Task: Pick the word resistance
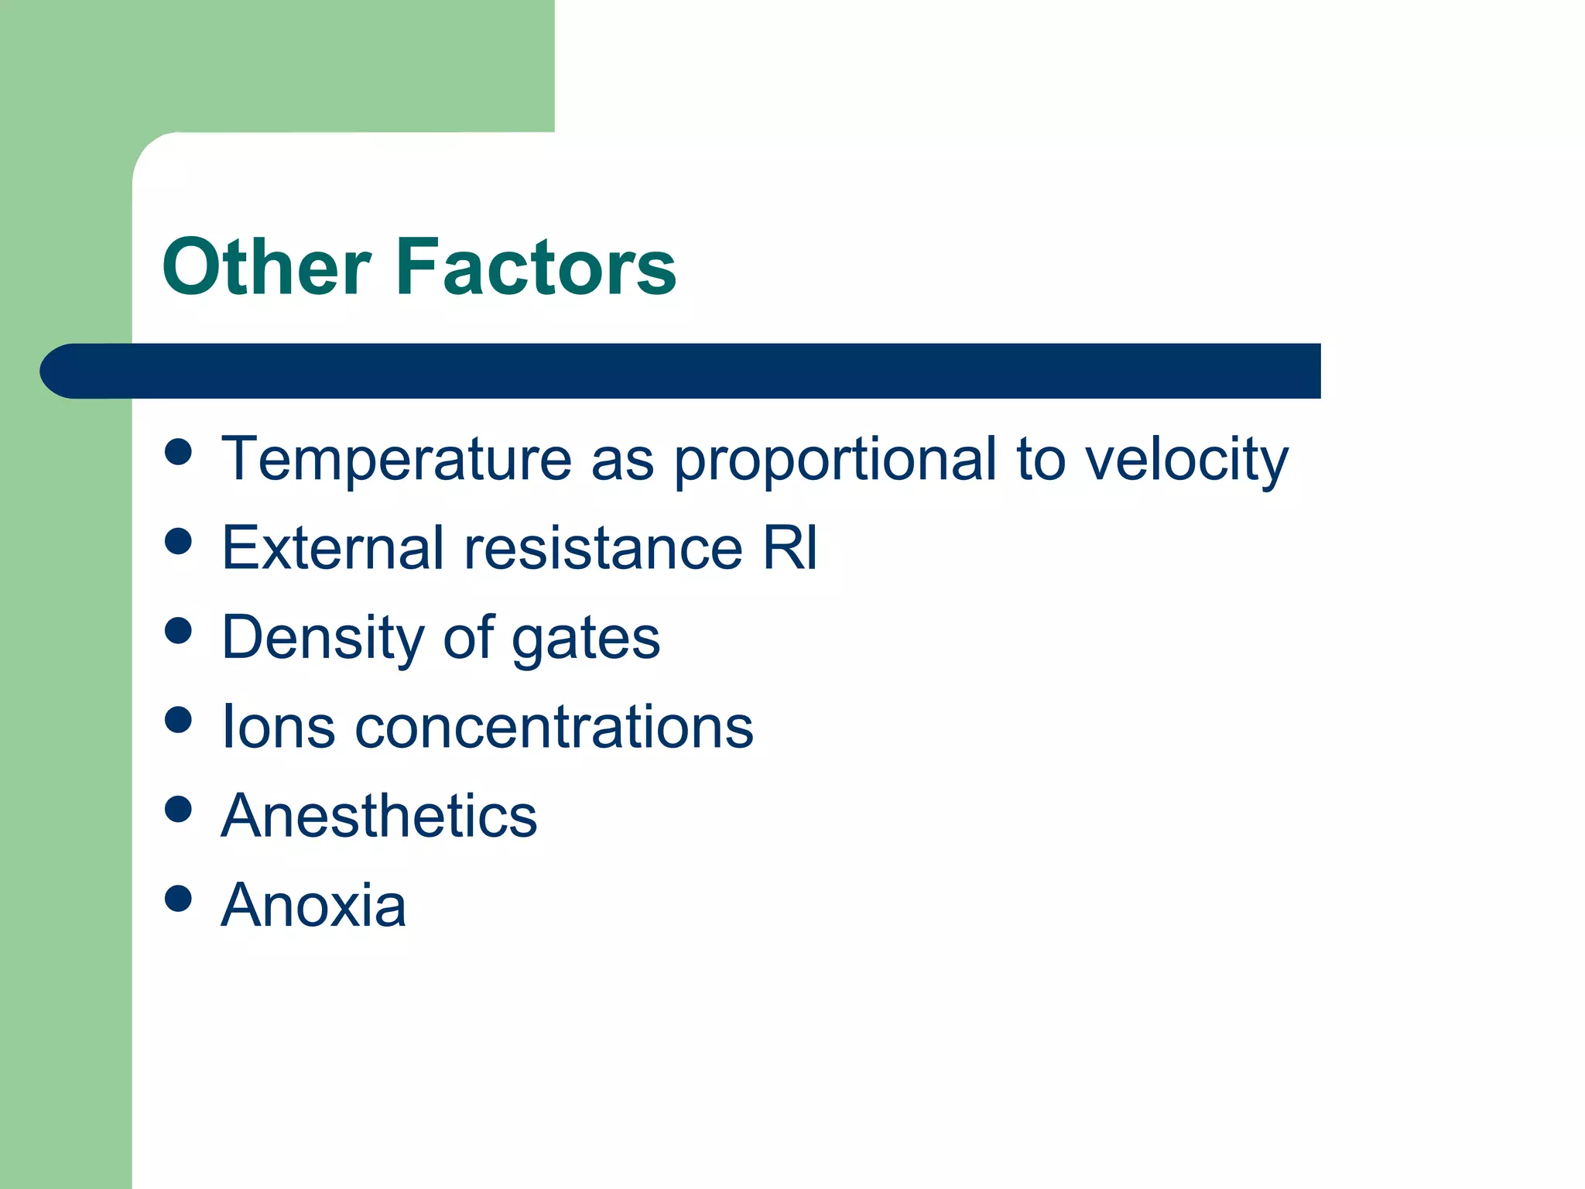pos(604,548)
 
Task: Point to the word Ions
pos(279,727)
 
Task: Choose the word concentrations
pos(553,727)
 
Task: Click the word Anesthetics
pos(379,816)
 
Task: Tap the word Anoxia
pos(313,905)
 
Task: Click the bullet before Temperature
pos(178,452)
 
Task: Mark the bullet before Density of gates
pos(178,630)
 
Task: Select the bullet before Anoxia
pos(178,899)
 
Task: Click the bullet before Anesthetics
pos(178,810)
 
